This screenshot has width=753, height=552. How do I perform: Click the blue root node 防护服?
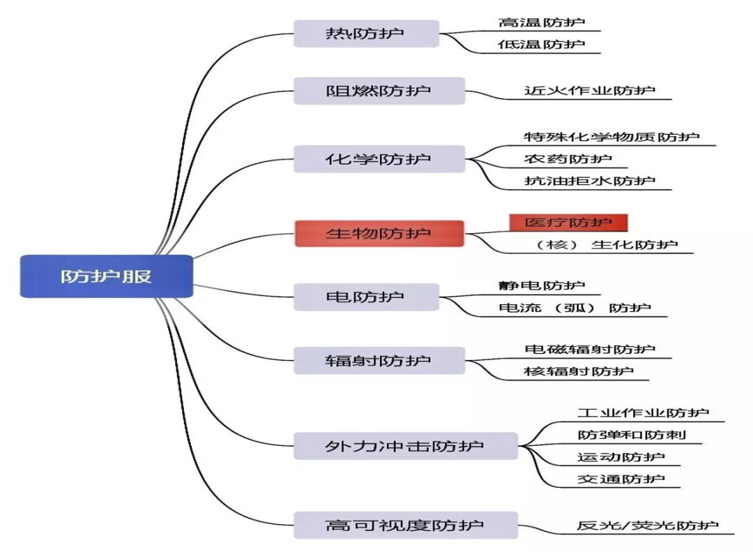pos(106,276)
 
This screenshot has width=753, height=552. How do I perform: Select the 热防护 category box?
pos(366,33)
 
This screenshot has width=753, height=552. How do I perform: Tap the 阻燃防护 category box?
pos(379,91)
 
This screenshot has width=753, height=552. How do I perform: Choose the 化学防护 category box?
pos(379,159)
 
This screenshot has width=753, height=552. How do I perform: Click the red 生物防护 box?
pos(379,233)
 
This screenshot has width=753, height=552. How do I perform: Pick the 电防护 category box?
pos(365,297)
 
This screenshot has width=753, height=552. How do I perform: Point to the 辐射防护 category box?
pos(379,360)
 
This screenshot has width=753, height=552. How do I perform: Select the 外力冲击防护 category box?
pos(405,446)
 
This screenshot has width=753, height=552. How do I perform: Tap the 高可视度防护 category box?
pos(405,525)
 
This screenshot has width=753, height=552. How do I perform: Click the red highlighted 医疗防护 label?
pos(568,223)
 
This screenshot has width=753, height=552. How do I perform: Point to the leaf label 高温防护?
pos(542,22)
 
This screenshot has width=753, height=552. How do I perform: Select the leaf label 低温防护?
pos(542,45)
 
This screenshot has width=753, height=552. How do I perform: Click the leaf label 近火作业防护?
pos(590,91)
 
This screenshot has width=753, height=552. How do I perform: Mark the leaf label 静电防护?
pos(542,285)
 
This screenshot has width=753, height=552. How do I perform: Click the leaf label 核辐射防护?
pos(579,371)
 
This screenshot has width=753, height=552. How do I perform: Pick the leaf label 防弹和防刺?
pos(632,435)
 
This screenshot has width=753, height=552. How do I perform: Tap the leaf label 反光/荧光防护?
pos(647,525)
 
